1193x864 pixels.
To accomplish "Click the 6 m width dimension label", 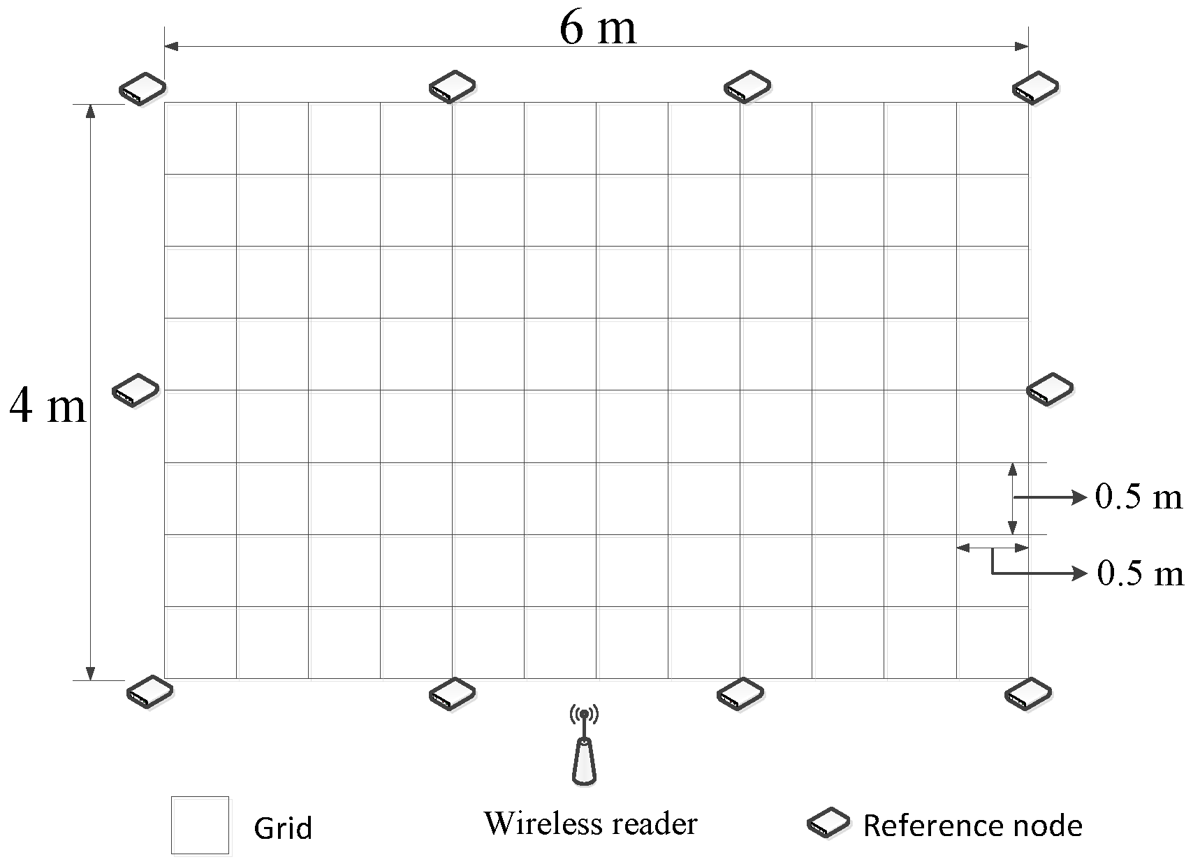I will coord(598,29).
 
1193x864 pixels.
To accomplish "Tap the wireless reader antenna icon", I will coord(584,746).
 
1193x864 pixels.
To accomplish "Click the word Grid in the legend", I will coord(283,828).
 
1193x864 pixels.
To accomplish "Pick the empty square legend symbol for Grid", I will coord(200,825).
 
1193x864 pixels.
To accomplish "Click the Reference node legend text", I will coord(972,826).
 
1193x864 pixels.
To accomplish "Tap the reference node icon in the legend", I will coord(828,823).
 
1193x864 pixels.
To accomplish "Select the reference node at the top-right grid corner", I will coord(1036,87).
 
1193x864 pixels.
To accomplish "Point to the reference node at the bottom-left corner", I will coord(149,692).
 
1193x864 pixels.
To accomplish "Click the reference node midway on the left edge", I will coord(136,390).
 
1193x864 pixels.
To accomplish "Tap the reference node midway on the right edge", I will coord(1050,389).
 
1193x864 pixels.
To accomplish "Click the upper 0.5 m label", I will coord(1139,497).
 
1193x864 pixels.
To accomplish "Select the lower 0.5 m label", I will coord(1140,573).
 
